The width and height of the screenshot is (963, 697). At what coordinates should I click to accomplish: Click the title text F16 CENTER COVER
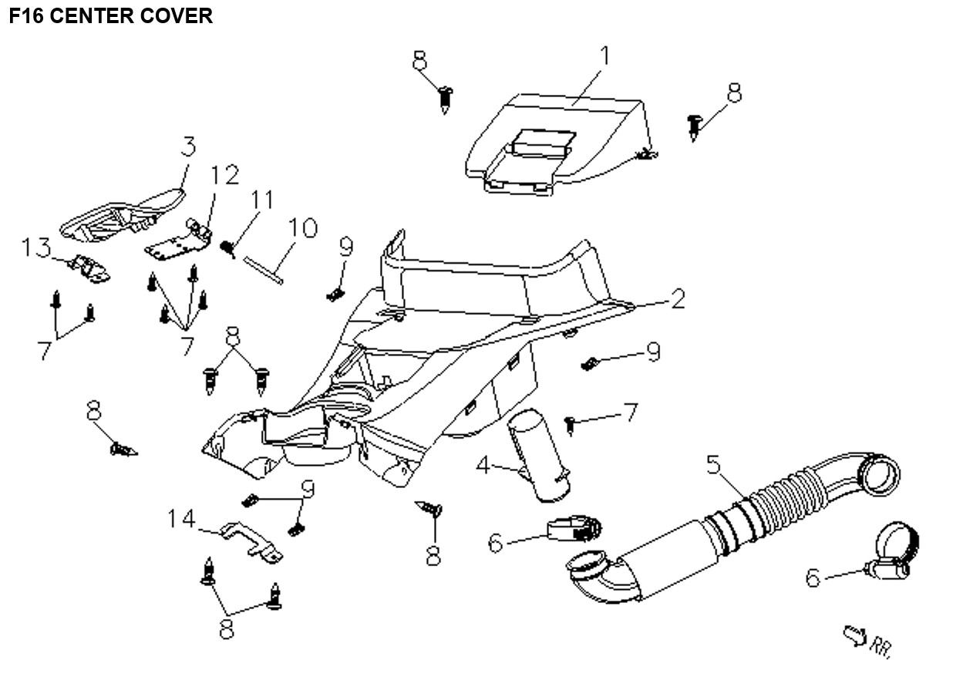click(x=110, y=16)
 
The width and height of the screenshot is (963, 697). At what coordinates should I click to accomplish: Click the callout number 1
click(x=604, y=56)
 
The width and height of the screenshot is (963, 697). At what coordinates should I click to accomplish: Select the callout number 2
click(x=677, y=299)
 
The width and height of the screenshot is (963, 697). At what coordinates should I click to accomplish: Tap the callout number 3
click(x=188, y=146)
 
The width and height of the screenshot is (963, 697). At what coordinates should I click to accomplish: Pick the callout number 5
click(x=713, y=465)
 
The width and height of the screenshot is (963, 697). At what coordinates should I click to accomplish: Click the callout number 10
click(x=302, y=228)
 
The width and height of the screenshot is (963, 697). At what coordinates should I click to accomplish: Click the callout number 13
click(x=36, y=248)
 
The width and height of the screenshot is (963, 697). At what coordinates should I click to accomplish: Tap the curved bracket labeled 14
click(x=250, y=540)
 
